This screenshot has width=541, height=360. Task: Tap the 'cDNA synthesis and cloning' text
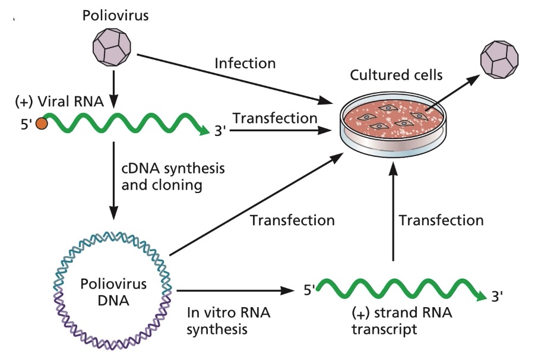173,176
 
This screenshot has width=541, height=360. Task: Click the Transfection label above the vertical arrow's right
441,220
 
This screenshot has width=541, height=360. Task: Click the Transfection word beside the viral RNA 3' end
274,118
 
